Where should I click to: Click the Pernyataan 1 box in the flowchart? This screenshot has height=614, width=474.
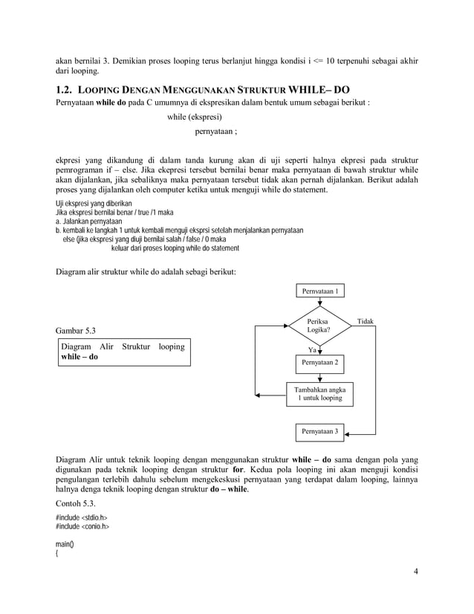[x=320, y=292]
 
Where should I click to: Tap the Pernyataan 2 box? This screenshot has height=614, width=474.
[x=320, y=363]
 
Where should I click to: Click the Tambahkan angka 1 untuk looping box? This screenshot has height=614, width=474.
[x=320, y=393]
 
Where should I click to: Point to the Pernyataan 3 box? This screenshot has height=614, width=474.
[x=320, y=431]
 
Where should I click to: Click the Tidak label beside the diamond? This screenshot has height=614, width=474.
[x=366, y=321]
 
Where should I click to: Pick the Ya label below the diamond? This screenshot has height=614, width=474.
[x=312, y=349]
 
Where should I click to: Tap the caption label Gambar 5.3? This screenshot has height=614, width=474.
[x=77, y=329]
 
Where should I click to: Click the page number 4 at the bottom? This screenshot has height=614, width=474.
[x=417, y=571]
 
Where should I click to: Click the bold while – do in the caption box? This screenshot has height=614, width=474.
[x=79, y=358]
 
